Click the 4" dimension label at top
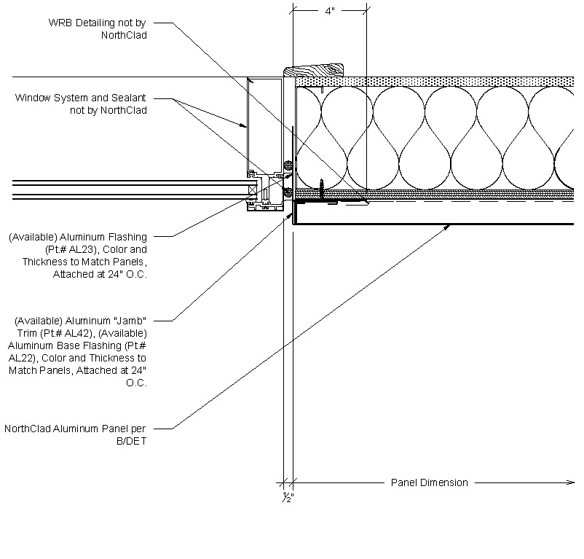pyautogui.click(x=328, y=12)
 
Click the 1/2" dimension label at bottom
pyautogui.click(x=288, y=496)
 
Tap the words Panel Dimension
pyautogui.click(x=430, y=482)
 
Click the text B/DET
pyautogui.click(x=133, y=441)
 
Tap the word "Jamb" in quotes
pyautogui.click(x=130, y=320)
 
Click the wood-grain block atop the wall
pyautogui.click(x=315, y=71)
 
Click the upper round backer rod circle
pyautogui.click(x=288, y=166)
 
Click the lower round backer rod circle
pyautogui.click(x=288, y=192)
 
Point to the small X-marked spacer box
pyautogui.click(x=253, y=191)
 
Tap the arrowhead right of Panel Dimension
pyautogui.click(x=571, y=482)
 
